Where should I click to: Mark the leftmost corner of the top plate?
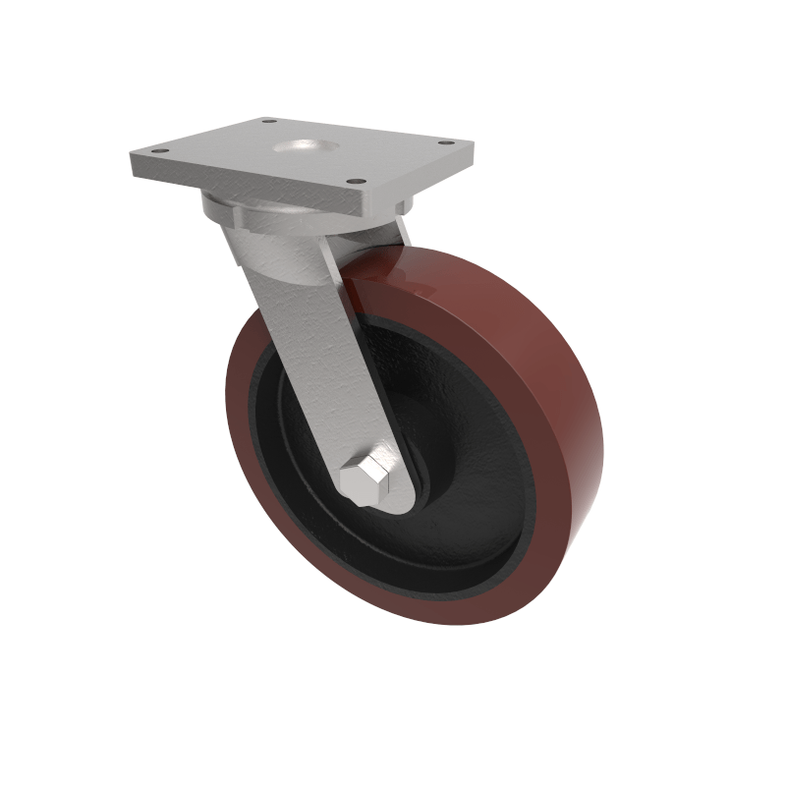pos(132,157)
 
